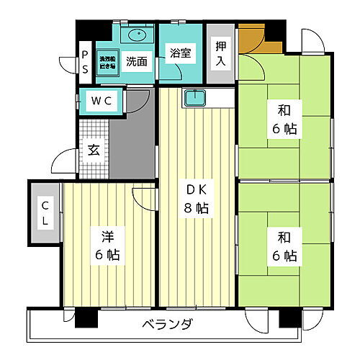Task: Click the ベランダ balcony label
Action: (x=166, y=325)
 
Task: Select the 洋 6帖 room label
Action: (x=106, y=244)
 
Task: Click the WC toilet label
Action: (x=100, y=102)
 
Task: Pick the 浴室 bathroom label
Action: (x=180, y=53)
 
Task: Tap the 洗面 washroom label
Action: (x=136, y=61)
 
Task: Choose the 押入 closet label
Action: (x=220, y=53)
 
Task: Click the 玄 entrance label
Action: (x=94, y=150)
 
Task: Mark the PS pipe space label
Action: (x=84, y=61)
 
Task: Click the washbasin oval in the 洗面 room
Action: (x=136, y=35)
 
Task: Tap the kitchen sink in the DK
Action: (x=194, y=99)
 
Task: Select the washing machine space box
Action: (x=107, y=60)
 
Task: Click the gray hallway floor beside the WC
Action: (x=133, y=144)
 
